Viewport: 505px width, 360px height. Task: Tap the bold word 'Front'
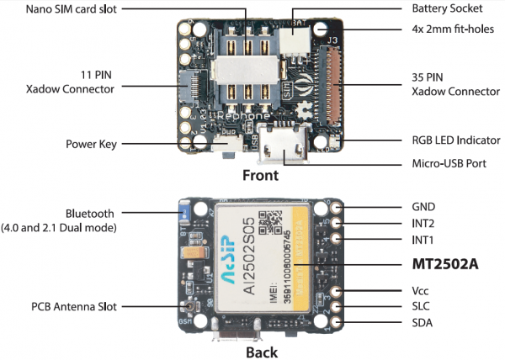coord(260,176)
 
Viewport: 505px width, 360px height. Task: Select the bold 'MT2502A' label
coord(444,263)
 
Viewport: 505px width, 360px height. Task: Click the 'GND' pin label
coord(423,206)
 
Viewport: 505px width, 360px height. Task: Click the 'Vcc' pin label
coord(422,290)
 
